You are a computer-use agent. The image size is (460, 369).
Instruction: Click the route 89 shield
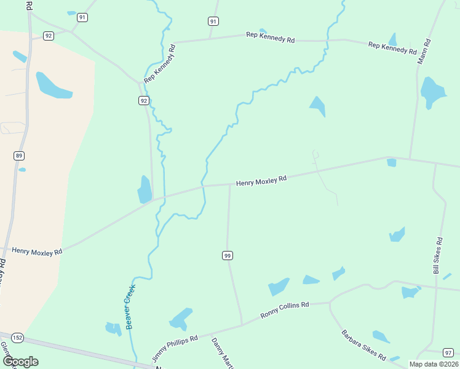19,156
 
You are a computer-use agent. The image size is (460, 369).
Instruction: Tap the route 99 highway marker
228,255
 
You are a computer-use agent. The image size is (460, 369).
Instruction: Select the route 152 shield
17,338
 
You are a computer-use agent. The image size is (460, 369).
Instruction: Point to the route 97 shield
448,352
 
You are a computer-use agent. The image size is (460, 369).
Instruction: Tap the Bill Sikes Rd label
438,256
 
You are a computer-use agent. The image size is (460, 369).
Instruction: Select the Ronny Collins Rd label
284,310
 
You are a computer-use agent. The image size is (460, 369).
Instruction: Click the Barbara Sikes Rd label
363,346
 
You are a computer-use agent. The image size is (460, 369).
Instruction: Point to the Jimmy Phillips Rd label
175,347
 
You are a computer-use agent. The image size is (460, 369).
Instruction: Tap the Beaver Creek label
130,306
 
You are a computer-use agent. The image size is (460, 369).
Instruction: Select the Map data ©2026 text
434,364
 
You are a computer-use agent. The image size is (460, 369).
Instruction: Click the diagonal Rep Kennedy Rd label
159,63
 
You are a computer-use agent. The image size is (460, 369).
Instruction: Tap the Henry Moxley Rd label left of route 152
38,252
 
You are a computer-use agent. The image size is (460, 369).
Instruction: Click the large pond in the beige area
53,85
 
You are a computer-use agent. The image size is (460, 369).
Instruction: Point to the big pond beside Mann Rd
432,91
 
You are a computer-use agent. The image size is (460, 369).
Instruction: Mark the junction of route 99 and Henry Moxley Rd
229,184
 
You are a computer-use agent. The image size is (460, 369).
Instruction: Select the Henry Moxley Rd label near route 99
261,180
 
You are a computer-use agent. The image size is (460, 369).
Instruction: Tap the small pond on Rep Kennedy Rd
263,31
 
